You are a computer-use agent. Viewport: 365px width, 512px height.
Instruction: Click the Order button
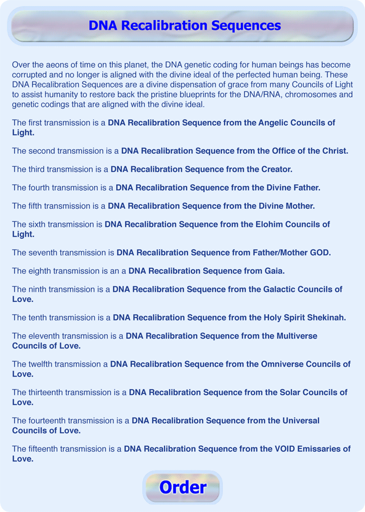point(182,487)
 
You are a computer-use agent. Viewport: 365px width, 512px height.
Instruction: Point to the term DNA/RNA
point(252,94)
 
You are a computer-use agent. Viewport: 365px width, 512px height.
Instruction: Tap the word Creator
point(274,169)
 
